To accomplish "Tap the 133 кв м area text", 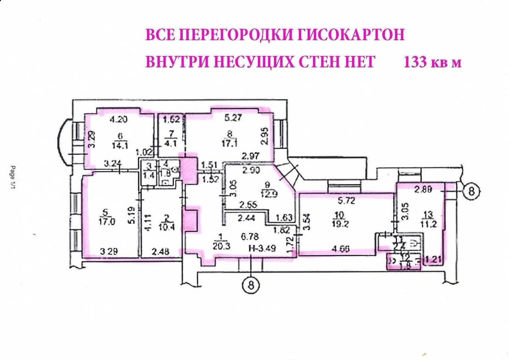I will pyautogui.click(x=432, y=62).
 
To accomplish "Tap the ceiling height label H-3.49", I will pyautogui.click(x=263, y=249).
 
